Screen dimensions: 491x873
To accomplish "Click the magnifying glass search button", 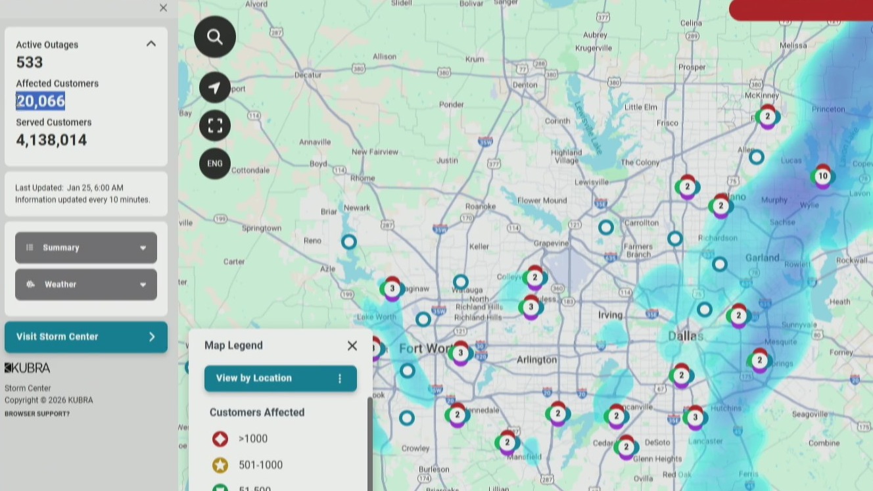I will tap(215, 37).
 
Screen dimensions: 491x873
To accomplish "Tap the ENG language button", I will tap(215, 164).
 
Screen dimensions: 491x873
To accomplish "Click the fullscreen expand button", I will tap(215, 126).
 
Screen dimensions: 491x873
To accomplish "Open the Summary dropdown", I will tap(86, 248).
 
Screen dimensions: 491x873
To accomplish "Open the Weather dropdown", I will tap(86, 285).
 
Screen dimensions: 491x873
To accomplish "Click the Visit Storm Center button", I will tap(86, 337).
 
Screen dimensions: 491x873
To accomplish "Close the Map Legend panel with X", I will tap(352, 346).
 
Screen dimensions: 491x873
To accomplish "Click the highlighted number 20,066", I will tap(41, 101).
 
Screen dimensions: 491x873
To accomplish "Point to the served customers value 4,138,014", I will tap(52, 140).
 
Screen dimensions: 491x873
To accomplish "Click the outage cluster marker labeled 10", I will tap(822, 176).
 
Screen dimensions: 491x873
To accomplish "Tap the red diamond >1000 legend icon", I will tap(220, 439).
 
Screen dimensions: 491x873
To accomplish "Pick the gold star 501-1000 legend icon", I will tap(220, 465).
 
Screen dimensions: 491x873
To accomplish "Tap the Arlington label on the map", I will tap(536, 360).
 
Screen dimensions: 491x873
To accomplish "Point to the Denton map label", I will tap(525, 84).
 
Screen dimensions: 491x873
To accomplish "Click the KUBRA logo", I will tap(28, 367).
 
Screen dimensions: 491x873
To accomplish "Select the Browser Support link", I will tap(37, 413).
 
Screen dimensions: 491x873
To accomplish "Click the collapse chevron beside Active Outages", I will tap(151, 44).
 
